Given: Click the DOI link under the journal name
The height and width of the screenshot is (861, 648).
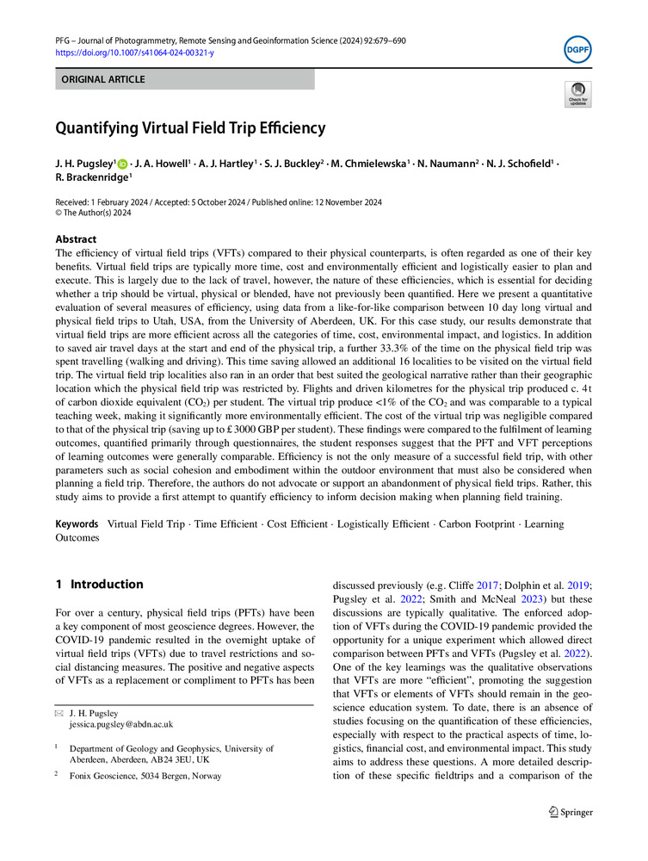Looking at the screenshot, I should [x=134, y=53].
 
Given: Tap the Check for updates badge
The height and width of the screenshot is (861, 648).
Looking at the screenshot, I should [x=577, y=94].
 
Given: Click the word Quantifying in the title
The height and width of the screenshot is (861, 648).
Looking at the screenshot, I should [x=97, y=129].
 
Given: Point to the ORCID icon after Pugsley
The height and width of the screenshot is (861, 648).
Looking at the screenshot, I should [x=122, y=164].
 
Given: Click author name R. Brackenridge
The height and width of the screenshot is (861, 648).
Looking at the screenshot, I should [x=93, y=177].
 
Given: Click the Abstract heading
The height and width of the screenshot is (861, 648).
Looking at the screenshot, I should [x=76, y=239].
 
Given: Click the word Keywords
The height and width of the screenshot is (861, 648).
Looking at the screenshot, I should [x=77, y=523].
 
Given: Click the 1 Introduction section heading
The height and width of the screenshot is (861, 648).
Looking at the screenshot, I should [x=99, y=585].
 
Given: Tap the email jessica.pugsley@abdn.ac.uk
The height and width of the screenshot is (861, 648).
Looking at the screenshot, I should [x=121, y=725].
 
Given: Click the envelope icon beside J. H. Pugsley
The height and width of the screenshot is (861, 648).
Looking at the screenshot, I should [x=59, y=713].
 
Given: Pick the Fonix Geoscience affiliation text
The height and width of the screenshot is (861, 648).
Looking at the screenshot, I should [x=145, y=776].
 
